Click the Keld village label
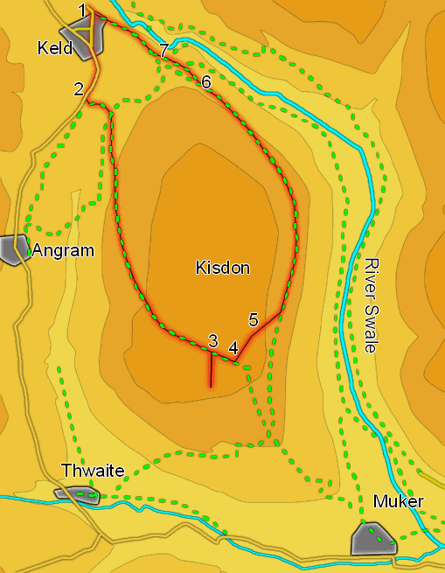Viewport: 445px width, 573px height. coord(55,48)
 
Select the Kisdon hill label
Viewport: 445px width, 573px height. coord(222,269)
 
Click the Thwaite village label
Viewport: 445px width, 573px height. coord(92,472)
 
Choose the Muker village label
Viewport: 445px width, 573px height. coord(398,502)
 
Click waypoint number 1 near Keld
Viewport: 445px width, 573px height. coord(82,10)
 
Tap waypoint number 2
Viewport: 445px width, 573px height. coord(79,88)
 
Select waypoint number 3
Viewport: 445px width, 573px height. coord(212,339)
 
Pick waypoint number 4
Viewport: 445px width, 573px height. coord(233,347)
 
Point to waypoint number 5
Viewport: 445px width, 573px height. coord(254,319)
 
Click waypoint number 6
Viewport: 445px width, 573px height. coord(206,82)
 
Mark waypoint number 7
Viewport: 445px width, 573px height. coord(163,49)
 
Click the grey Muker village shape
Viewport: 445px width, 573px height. coord(373,537)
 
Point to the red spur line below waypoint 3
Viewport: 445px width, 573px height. coord(212,372)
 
